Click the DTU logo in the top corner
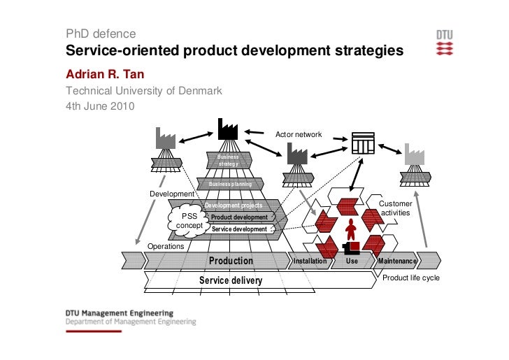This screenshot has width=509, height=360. tap(445, 42)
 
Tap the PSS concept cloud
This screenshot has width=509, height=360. tap(189, 221)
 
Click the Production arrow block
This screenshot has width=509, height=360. tap(231, 261)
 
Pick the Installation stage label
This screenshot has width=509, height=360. tap(310, 261)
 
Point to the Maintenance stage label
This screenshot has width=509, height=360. tap(397, 261)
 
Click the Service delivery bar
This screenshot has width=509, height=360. tap(231, 280)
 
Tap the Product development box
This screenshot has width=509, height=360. tap(240, 217)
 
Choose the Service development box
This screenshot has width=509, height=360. tap(239, 229)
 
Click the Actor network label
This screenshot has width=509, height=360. tap(299, 134)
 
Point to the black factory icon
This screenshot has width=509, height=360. tap(228, 129)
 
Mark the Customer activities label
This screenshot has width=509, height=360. tap(396, 208)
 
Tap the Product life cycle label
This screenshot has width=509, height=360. tap(410, 278)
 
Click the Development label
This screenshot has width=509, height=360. tap(171, 194)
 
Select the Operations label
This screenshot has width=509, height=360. tap(166, 247)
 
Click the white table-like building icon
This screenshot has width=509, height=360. tap(363, 142)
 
